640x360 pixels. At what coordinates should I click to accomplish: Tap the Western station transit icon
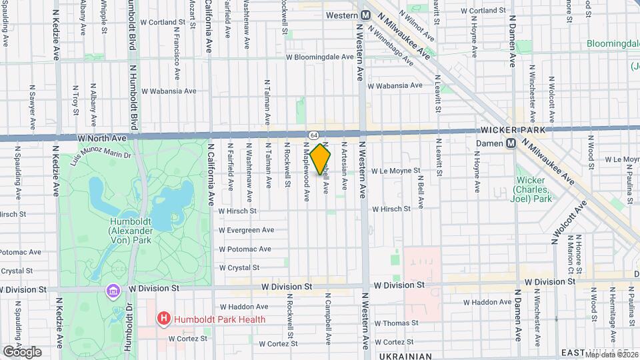coord(366,15)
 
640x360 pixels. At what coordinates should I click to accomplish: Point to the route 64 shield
coord(314,135)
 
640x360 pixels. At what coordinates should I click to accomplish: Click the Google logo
coord(21,351)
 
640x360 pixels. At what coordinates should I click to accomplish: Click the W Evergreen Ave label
coord(247,230)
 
